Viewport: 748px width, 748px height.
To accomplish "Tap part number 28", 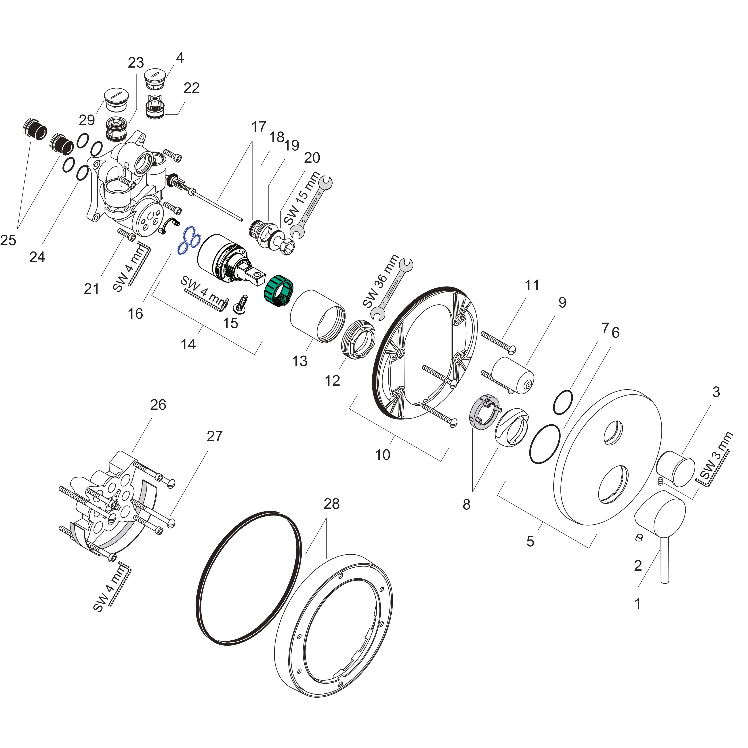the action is (x=331, y=504).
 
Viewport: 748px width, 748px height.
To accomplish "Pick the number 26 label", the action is (x=158, y=405).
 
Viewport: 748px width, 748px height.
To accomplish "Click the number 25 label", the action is (x=8, y=241).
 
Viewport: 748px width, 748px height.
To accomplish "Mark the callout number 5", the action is (x=531, y=541).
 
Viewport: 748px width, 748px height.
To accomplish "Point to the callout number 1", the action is (x=638, y=603).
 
